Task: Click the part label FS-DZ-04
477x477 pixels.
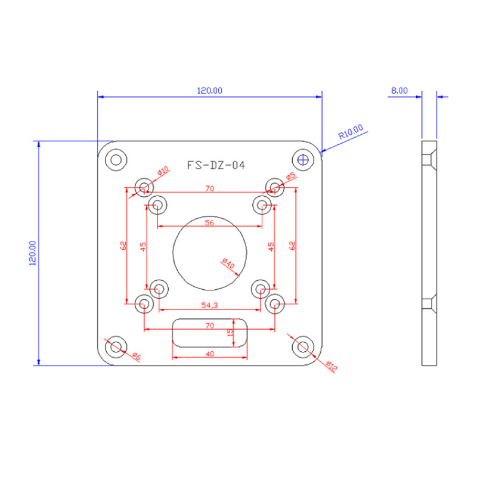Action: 216,165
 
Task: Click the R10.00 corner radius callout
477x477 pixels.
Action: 351,131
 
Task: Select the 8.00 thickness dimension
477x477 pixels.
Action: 399,91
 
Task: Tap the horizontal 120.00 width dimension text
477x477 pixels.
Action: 210,91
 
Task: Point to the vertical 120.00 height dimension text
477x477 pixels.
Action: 33,253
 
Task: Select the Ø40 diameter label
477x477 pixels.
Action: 228,264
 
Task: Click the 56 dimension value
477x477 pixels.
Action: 209,222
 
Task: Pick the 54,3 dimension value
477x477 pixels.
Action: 210,305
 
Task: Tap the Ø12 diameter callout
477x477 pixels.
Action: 332,366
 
